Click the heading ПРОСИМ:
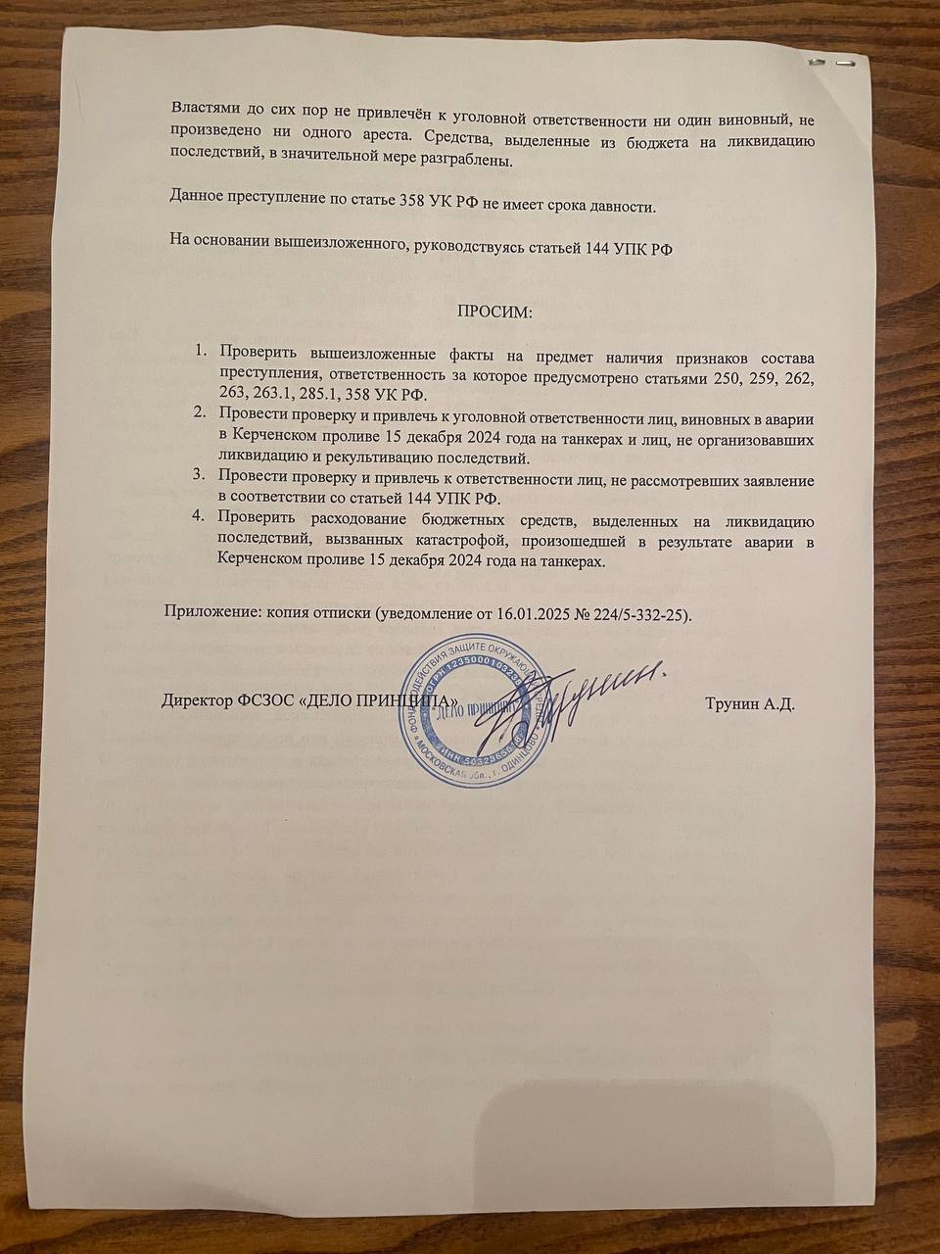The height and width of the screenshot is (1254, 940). tap(494, 313)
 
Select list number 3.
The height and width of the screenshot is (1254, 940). tap(199, 475)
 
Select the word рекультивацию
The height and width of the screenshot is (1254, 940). tap(365, 458)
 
